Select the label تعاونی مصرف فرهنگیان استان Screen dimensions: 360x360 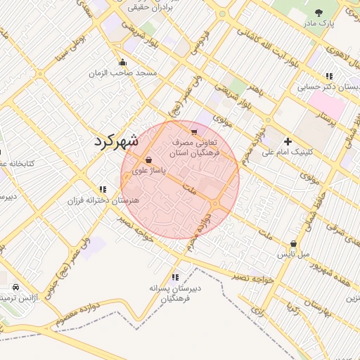click(196, 147)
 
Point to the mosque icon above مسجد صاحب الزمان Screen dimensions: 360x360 click(123, 62)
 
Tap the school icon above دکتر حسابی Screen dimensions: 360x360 click(328, 76)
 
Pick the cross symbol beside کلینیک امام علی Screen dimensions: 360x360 click(288, 141)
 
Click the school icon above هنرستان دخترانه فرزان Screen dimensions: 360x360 click(103, 189)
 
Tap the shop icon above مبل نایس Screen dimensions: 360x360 click(293, 244)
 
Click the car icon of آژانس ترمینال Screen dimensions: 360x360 click(16, 288)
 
